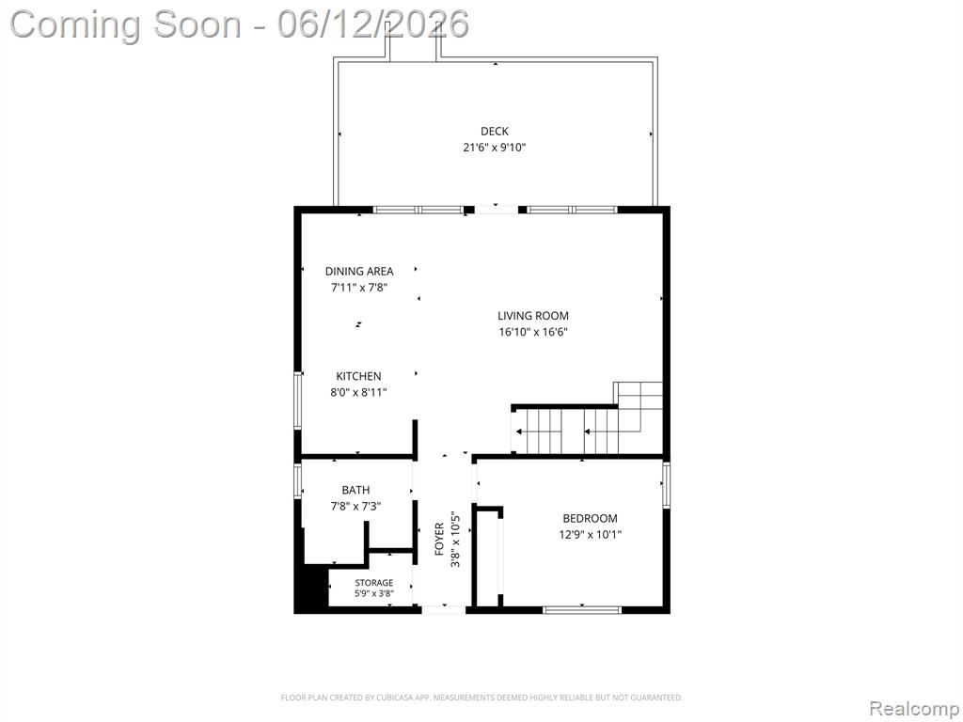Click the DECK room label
tap(495, 131)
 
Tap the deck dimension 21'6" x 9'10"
tap(495, 148)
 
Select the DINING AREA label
tap(359, 271)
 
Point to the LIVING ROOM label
tap(533, 316)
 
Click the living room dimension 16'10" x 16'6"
tap(533, 332)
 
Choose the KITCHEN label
tap(358, 376)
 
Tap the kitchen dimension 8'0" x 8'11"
tap(358, 392)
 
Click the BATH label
tap(356, 490)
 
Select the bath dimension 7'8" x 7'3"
tap(356, 507)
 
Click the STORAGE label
tap(374, 583)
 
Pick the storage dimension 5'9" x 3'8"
tap(374, 594)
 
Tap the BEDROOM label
tap(591, 518)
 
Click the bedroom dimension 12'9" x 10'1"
tap(591, 534)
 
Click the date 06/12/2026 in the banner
tap(372, 24)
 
